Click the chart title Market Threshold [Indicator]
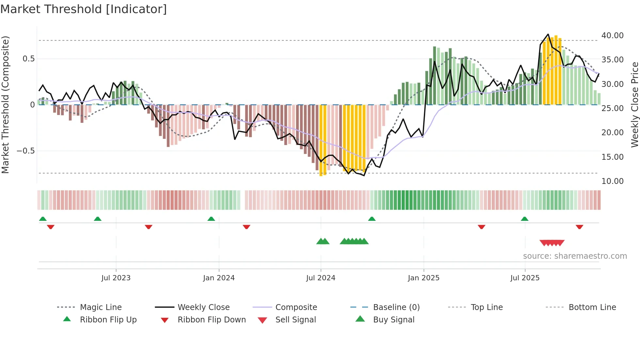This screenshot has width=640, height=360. tap(84, 9)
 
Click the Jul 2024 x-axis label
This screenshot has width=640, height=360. tap(321, 278)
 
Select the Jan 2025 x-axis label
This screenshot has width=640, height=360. tap(424, 278)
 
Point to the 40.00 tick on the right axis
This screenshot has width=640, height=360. tap(612, 36)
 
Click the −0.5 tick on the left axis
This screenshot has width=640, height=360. tap(26, 151)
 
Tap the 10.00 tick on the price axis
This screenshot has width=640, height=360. tap(612, 181)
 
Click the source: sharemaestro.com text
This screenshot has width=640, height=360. tap(575, 256)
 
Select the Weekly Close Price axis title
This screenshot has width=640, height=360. tap(634, 105)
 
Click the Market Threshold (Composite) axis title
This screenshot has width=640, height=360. tap(5, 105)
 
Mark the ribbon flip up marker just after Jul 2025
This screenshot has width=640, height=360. tap(524, 219)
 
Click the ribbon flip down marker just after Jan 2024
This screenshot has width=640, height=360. tap(247, 227)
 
